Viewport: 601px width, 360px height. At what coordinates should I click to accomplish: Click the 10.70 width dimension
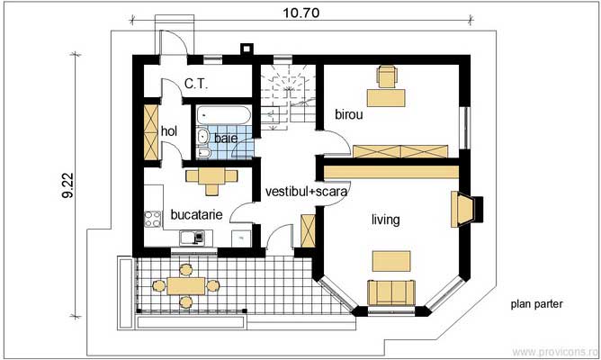pos(300,13)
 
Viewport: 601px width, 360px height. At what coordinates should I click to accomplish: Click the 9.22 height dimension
pos(67,185)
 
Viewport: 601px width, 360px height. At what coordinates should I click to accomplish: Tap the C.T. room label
pos(196,84)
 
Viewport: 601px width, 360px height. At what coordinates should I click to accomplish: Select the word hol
pos(169,131)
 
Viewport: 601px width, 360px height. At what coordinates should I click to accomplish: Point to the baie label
pos(226,138)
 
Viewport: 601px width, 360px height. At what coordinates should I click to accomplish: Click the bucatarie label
pos(196,214)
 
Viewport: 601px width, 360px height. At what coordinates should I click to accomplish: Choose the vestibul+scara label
pos(306,192)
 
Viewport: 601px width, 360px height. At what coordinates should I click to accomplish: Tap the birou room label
pos(349,114)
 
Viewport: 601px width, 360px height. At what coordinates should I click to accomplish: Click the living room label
pos(386,220)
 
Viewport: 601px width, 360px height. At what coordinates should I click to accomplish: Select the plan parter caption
pos(536,304)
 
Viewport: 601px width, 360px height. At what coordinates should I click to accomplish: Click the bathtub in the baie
pos(224,115)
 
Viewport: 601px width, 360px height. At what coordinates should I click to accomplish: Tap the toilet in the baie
pos(203,153)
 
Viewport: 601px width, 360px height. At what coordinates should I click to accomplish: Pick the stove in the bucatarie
pos(153,220)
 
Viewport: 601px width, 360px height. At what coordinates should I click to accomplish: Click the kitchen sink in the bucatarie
pos(192,238)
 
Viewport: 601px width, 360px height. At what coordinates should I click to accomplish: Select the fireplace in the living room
pos(467,209)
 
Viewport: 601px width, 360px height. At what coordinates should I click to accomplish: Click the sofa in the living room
pos(391,292)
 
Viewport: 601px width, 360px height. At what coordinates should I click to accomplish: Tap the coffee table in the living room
pos(391,261)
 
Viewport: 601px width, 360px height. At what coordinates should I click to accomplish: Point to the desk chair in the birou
pos(386,76)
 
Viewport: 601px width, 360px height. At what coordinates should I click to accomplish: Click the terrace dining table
pos(186,286)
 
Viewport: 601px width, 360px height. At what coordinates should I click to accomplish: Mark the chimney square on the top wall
pos(247,49)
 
